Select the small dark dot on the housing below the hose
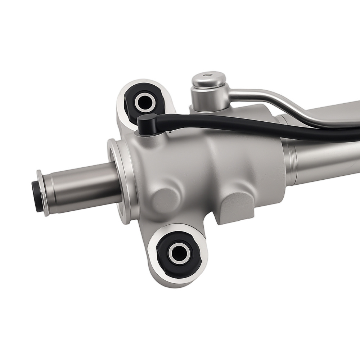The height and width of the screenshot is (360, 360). coord(169,132)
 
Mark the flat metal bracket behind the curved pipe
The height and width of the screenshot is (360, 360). coord(335,112)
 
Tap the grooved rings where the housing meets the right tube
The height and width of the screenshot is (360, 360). coord(290,158)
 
